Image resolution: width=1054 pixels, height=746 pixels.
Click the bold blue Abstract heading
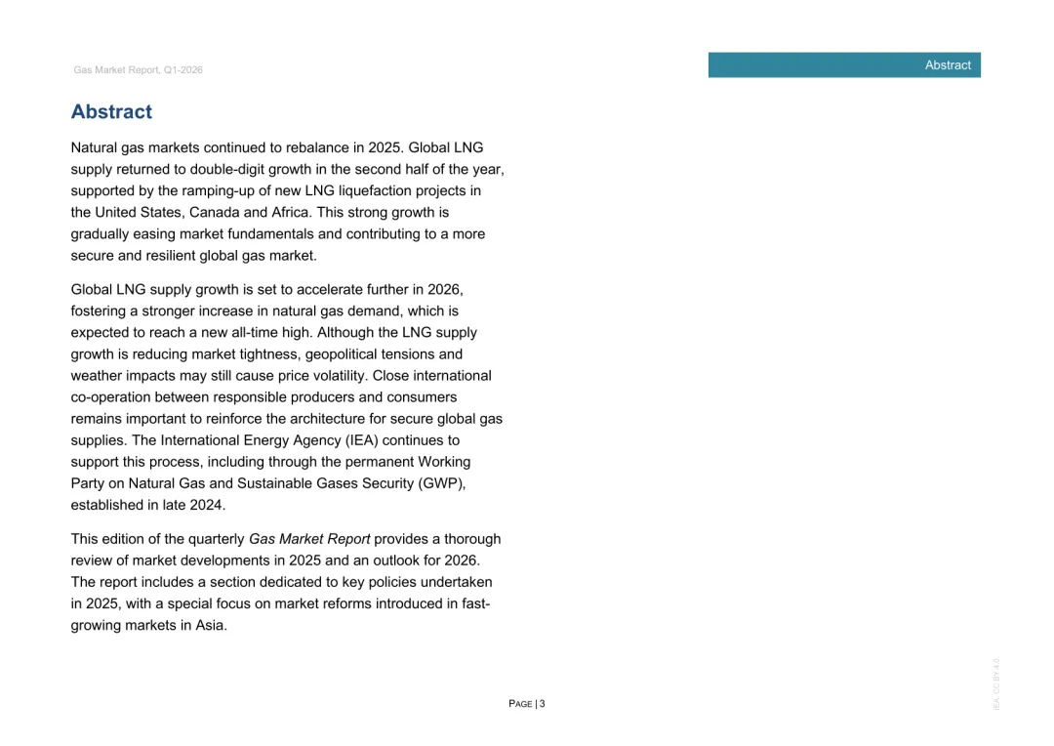pyautogui.click(x=111, y=112)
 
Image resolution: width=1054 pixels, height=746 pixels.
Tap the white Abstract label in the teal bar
pyautogui.click(x=948, y=65)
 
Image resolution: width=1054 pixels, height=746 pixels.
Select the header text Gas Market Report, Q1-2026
pyautogui.click(x=138, y=70)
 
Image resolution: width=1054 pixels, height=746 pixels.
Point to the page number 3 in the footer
pyautogui.click(x=543, y=704)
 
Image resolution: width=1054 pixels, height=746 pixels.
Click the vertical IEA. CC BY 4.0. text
pyautogui.click(x=996, y=683)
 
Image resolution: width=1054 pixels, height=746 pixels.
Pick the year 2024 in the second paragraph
pyautogui.click(x=207, y=505)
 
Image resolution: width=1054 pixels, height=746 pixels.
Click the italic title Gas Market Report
pyautogui.click(x=309, y=539)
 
